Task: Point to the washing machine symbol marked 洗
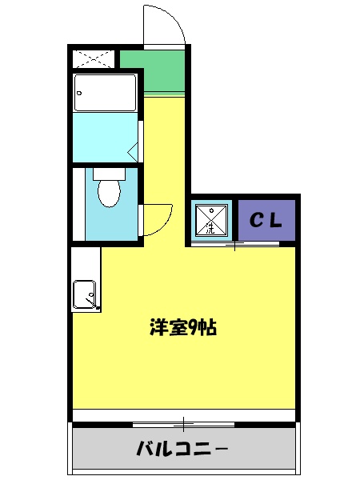click(x=211, y=220)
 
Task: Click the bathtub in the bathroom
click(x=106, y=93)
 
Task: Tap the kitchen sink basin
click(x=85, y=294)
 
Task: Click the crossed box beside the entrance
click(x=94, y=59)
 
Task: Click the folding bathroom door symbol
click(x=134, y=149)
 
